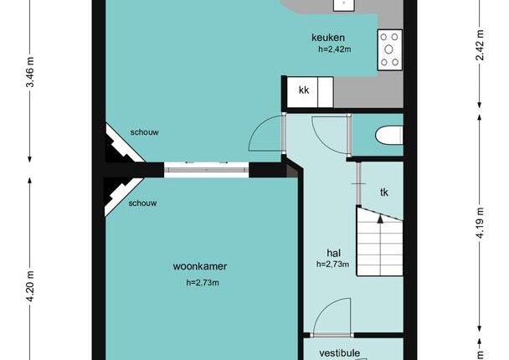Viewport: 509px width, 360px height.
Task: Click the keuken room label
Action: [x=328, y=38]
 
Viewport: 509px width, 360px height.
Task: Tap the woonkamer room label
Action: [x=200, y=266]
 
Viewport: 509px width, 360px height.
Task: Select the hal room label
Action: [x=334, y=253]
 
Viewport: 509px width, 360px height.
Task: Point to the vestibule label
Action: [x=340, y=352]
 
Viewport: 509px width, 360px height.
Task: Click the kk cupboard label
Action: [x=304, y=90]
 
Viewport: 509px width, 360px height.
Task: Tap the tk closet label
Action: [x=384, y=193]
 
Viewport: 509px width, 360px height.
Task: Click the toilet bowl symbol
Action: [x=389, y=136]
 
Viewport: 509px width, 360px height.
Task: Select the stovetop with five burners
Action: [x=389, y=49]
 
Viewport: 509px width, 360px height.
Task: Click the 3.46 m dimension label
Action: [x=30, y=72]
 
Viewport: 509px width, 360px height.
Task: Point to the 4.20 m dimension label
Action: [x=30, y=286]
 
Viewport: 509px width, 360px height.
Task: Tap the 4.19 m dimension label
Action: [x=480, y=223]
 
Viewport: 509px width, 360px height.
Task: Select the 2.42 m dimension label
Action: [x=480, y=45]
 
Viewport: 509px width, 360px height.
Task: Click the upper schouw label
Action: [x=145, y=132]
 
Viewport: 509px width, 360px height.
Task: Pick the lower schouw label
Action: [x=142, y=203]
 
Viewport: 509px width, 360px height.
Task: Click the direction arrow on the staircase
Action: [x=380, y=219]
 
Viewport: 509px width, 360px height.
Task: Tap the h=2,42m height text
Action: [x=335, y=49]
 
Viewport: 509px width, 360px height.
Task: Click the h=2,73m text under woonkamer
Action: [x=203, y=283]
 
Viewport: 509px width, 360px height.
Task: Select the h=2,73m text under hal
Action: [x=332, y=265]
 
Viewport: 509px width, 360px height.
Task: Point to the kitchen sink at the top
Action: [x=344, y=4]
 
